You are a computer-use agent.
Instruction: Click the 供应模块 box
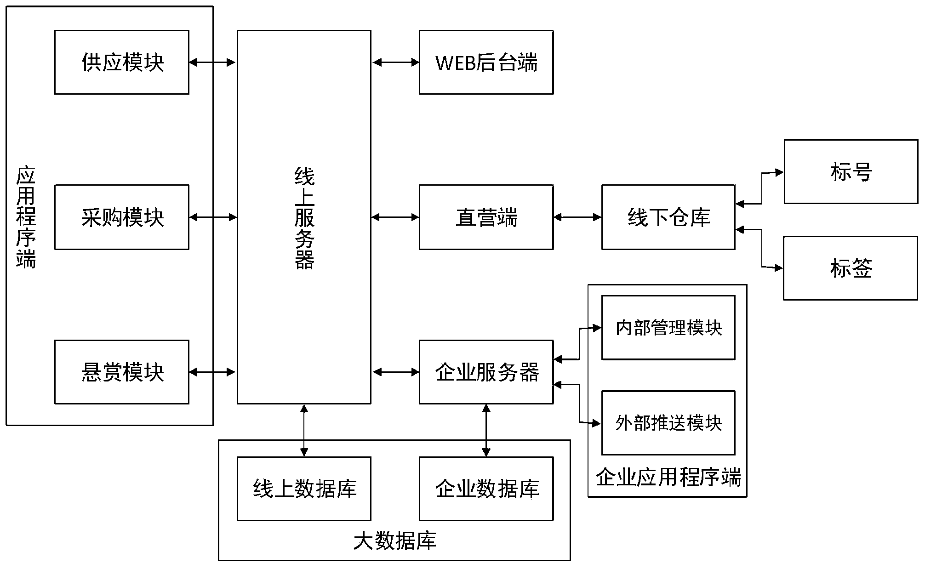click(x=122, y=63)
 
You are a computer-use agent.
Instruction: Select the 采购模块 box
click(x=122, y=217)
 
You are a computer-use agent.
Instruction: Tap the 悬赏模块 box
click(x=122, y=372)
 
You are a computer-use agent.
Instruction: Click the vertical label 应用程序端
click(x=26, y=217)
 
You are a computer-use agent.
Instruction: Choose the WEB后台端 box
click(x=486, y=63)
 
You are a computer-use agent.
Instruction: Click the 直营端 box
click(x=486, y=217)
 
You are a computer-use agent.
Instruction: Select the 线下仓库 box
click(x=668, y=217)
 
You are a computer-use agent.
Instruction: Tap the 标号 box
click(x=851, y=172)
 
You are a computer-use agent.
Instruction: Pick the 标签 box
click(x=851, y=268)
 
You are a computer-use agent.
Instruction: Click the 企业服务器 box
click(x=486, y=372)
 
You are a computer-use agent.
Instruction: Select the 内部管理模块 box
click(x=668, y=328)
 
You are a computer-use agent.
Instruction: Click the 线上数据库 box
click(x=304, y=489)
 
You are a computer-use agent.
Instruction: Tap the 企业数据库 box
click(x=486, y=489)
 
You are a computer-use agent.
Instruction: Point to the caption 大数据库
click(x=394, y=541)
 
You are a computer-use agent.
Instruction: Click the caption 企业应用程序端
click(x=668, y=478)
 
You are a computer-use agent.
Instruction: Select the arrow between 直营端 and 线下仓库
click(x=577, y=217)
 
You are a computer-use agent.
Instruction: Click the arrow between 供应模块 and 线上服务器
click(x=212, y=63)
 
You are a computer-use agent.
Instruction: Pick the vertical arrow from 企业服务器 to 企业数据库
click(x=486, y=430)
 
